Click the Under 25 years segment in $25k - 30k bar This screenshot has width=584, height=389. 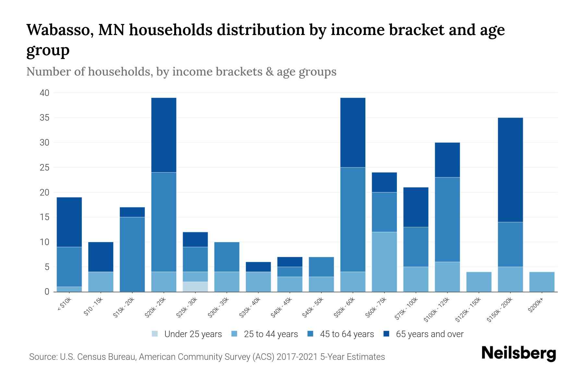click(x=195, y=287)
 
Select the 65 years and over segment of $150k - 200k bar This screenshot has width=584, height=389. click(x=510, y=170)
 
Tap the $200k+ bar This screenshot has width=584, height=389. click(x=541, y=282)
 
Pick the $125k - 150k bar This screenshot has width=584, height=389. click(x=479, y=282)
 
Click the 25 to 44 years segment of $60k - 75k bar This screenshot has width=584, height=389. click(x=384, y=262)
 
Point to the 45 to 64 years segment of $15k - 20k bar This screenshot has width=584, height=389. click(x=132, y=254)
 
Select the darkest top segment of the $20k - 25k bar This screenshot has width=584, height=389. click(x=164, y=135)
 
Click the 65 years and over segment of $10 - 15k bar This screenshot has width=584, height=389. click(x=101, y=257)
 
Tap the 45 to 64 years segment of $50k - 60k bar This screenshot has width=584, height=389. click(x=353, y=219)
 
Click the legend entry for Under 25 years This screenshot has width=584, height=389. click(x=187, y=334)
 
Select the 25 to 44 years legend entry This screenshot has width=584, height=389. click(x=265, y=334)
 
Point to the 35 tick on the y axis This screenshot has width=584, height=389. click(x=44, y=118)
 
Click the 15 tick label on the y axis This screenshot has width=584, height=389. click(x=44, y=217)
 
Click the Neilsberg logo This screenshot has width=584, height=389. click(x=518, y=353)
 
